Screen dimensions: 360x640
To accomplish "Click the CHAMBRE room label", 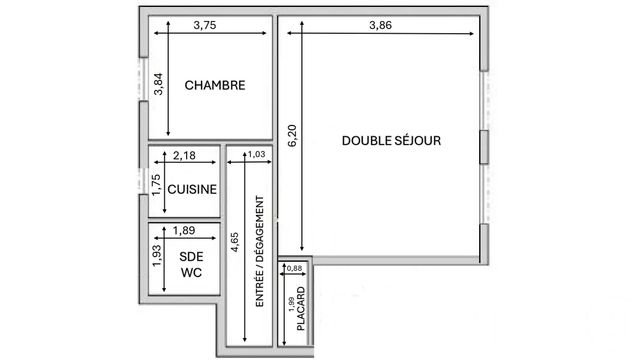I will point(215,86).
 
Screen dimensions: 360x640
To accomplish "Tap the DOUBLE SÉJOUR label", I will point(391,141).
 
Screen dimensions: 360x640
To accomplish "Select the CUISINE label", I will point(192,189).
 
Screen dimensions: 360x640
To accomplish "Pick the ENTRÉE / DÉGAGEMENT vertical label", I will point(259,249).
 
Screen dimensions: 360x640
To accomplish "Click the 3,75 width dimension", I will point(204,26).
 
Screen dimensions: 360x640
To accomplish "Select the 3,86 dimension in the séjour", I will point(380,26).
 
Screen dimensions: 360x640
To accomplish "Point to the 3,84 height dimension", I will point(157,85).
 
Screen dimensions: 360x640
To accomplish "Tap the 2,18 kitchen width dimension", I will point(184,155).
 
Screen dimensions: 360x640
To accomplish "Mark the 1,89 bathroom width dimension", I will point(184,231).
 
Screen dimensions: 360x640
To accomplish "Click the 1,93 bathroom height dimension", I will point(156,257).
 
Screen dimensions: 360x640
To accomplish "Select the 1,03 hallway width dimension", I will point(256,154).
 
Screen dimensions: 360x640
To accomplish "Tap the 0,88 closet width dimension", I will point(294,268).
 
